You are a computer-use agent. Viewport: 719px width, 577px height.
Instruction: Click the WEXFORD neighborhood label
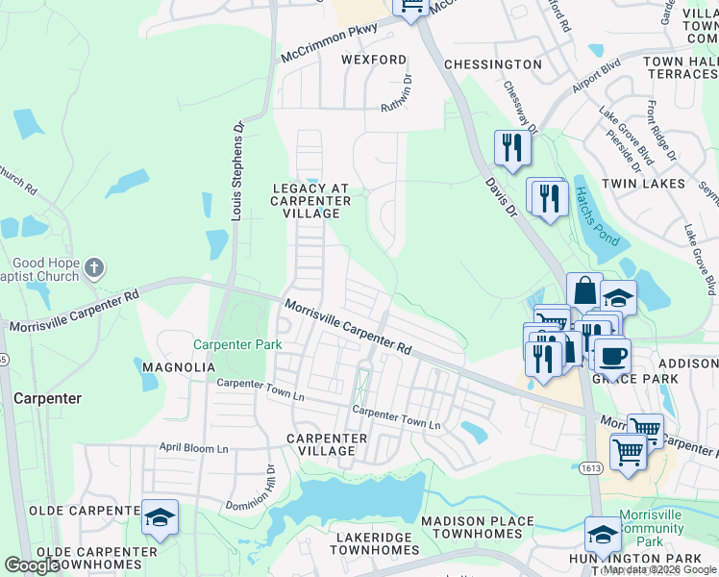click(x=374, y=60)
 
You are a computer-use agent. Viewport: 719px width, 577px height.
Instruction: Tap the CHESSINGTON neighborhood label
click(x=493, y=63)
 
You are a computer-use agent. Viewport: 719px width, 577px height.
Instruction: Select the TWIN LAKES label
click(x=643, y=183)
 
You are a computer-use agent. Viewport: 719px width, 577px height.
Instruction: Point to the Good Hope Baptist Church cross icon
click(x=92, y=266)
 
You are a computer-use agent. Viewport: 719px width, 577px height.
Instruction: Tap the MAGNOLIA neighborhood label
click(x=173, y=367)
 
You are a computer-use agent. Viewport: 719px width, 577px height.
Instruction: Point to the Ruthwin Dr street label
click(x=395, y=93)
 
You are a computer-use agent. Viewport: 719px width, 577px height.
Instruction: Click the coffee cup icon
click(x=612, y=355)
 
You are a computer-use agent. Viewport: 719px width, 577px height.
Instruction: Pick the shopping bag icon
click(x=583, y=289)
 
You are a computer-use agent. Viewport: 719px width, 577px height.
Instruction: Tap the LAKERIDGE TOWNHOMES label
click(x=375, y=542)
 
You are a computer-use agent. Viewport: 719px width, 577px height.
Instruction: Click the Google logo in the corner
click(x=33, y=565)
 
